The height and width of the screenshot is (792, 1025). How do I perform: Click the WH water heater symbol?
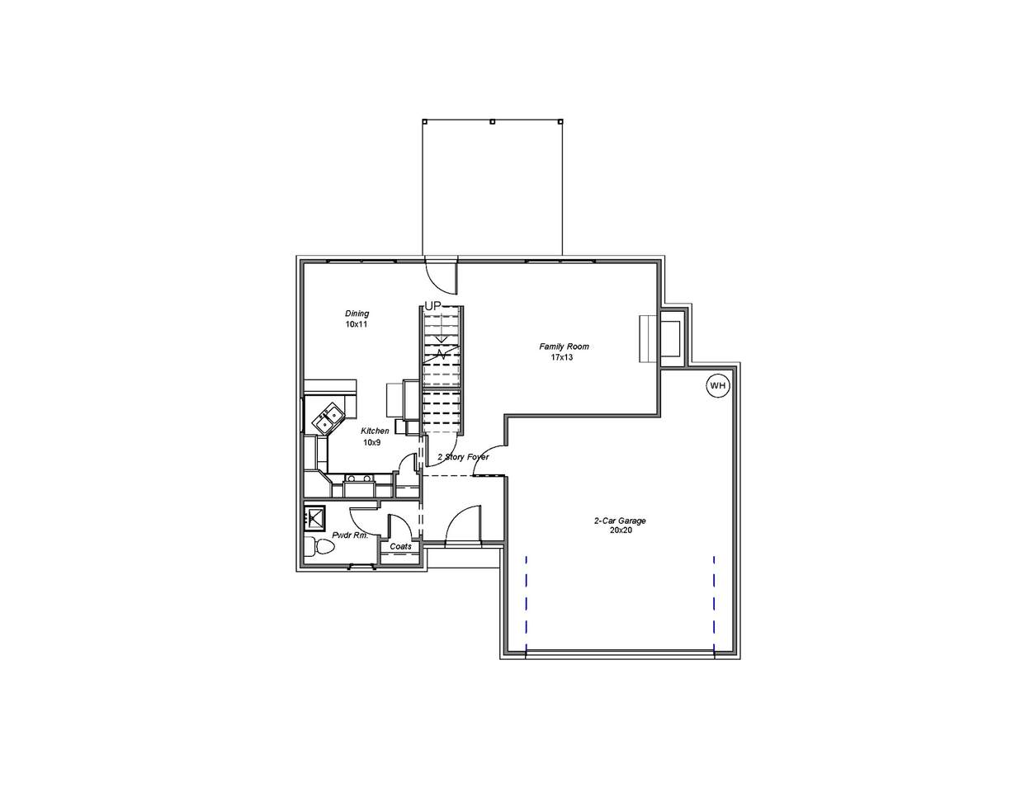[717, 385]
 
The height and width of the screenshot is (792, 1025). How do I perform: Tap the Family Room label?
[564, 346]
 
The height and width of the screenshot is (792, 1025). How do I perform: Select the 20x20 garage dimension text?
[621, 530]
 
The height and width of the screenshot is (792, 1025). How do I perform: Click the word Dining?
[357, 313]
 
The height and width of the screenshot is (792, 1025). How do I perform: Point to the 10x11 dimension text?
[357, 324]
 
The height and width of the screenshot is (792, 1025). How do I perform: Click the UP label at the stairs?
[433, 306]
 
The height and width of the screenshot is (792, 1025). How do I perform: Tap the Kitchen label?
[375, 431]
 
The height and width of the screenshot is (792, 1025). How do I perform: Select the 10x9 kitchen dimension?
[371, 442]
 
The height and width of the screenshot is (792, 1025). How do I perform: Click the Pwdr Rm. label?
[350, 535]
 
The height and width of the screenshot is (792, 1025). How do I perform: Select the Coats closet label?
[400, 546]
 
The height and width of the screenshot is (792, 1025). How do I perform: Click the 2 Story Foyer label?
[463, 457]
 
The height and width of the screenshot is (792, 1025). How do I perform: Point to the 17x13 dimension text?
[562, 357]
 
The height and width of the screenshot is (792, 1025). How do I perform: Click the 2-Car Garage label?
[620, 521]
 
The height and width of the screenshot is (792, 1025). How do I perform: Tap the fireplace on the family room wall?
[660, 338]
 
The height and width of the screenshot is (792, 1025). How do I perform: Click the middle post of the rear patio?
[492, 121]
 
